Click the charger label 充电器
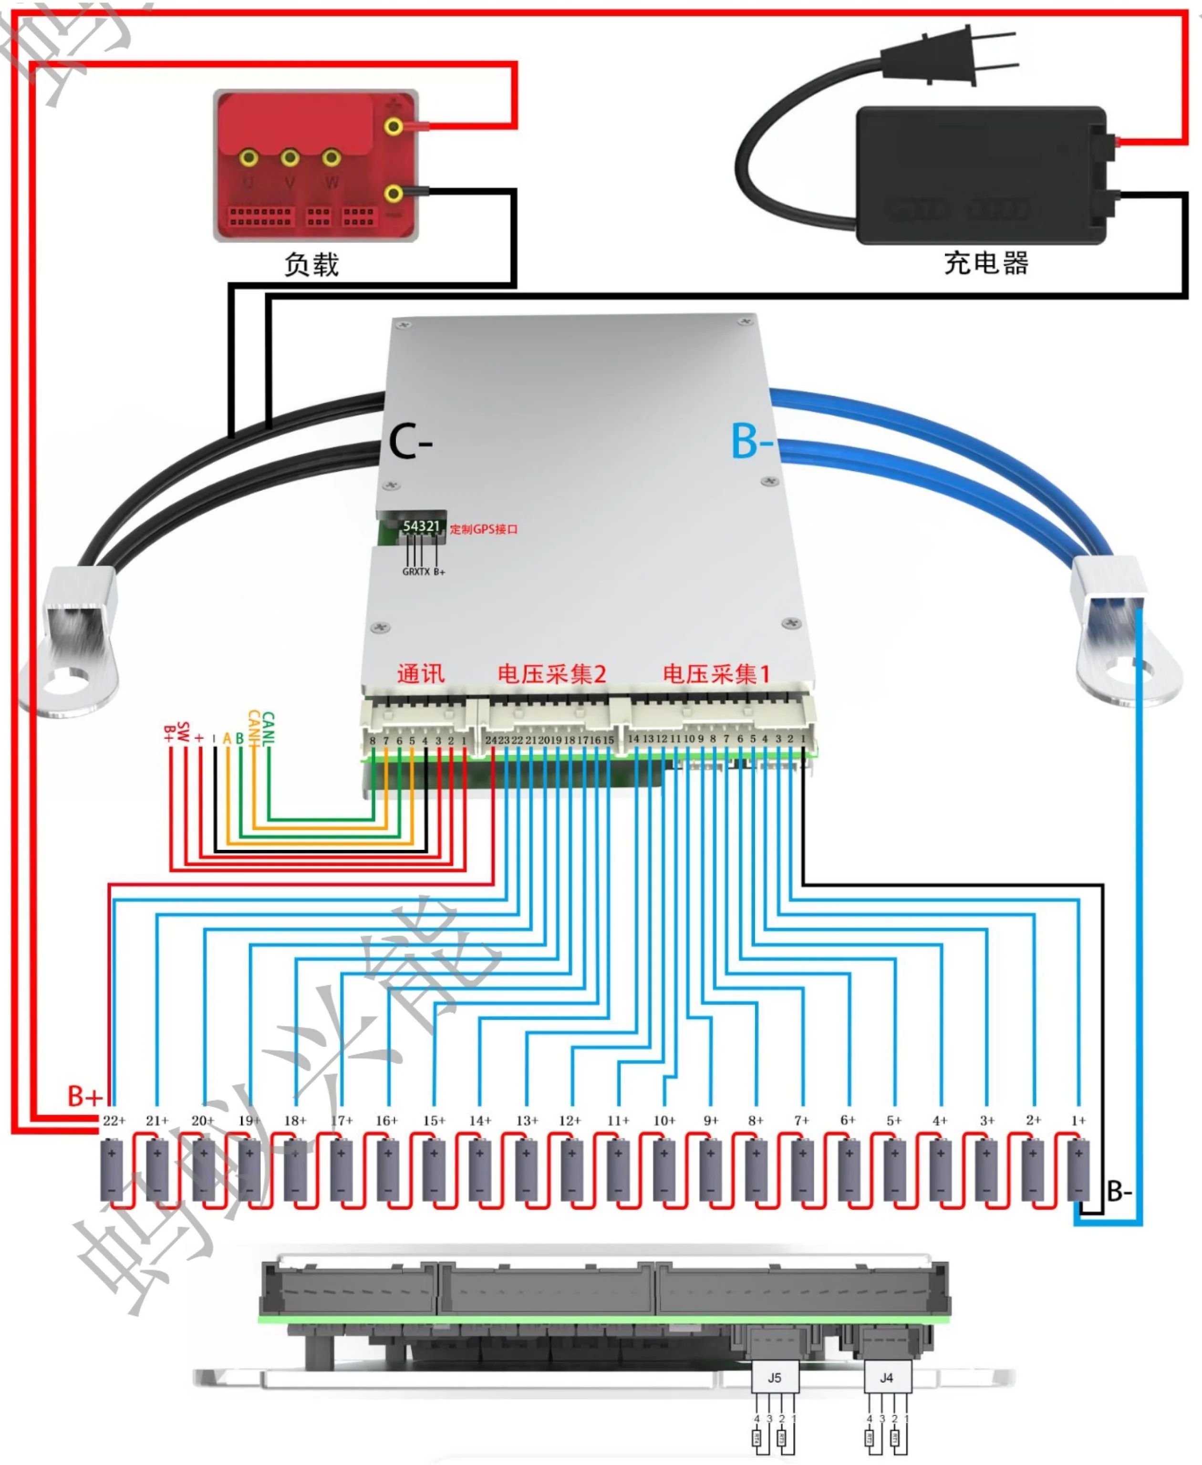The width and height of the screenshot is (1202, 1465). [x=986, y=263]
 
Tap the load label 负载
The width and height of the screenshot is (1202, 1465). [x=311, y=265]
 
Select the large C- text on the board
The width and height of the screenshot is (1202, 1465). [x=410, y=442]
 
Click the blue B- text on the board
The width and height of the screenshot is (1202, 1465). [x=751, y=441]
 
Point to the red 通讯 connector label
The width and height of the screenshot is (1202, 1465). [x=420, y=674]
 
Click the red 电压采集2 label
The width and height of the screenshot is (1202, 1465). [x=552, y=674]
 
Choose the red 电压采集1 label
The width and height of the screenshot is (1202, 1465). [x=716, y=674]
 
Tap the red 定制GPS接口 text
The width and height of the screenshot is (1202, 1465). [x=483, y=529]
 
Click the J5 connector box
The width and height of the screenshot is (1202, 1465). [x=775, y=1378]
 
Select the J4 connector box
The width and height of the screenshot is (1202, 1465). [x=887, y=1378]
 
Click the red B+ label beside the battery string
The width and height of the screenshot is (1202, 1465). [x=84, y=1096]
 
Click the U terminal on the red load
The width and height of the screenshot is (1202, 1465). [x=249, y=158]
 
